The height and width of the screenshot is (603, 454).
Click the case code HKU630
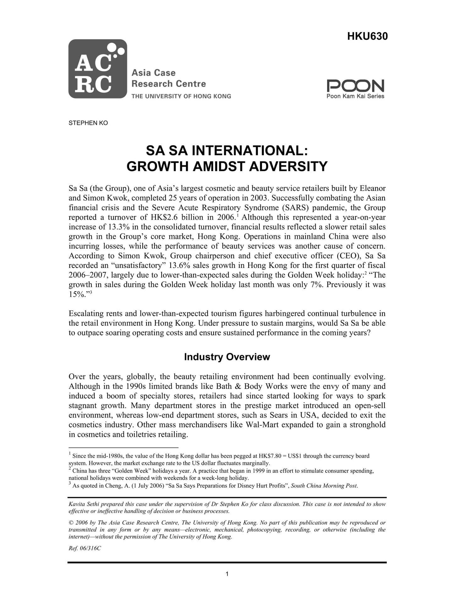[x=367, y=37]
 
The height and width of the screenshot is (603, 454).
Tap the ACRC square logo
[x=98, y=69]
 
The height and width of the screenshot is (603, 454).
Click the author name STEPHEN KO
[x=88, y=123]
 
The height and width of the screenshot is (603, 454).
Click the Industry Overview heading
[x=227, y=357]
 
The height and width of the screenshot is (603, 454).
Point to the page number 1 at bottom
[x=227, y=574]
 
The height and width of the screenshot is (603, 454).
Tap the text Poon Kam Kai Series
[x=355, y=96]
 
